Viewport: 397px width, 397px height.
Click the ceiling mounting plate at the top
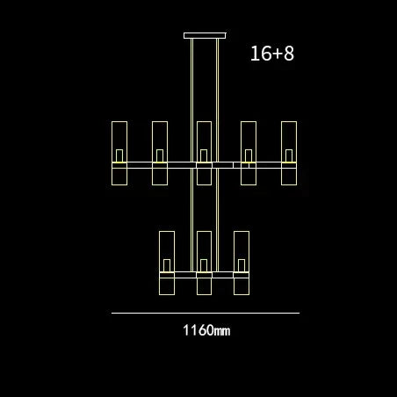[205, 36]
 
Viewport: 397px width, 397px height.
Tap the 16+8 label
[272, 54]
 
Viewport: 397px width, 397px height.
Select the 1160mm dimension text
[206, 331]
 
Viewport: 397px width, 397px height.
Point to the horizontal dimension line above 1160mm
[205, 312]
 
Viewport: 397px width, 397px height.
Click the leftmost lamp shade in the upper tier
[119, 153]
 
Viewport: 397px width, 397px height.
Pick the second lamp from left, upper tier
[160, 153]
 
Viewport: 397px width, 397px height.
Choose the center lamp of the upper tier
[204, 153]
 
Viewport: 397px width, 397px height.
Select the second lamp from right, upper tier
[249, 153]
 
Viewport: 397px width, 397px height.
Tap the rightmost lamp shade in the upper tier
[289, 153]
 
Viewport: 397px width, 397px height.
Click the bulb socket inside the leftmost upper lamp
[119, 155]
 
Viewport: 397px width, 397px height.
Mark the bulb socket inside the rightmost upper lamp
[289, 155]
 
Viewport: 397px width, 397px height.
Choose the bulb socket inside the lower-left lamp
[167, 264]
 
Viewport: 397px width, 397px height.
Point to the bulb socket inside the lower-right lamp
[241, 264]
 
